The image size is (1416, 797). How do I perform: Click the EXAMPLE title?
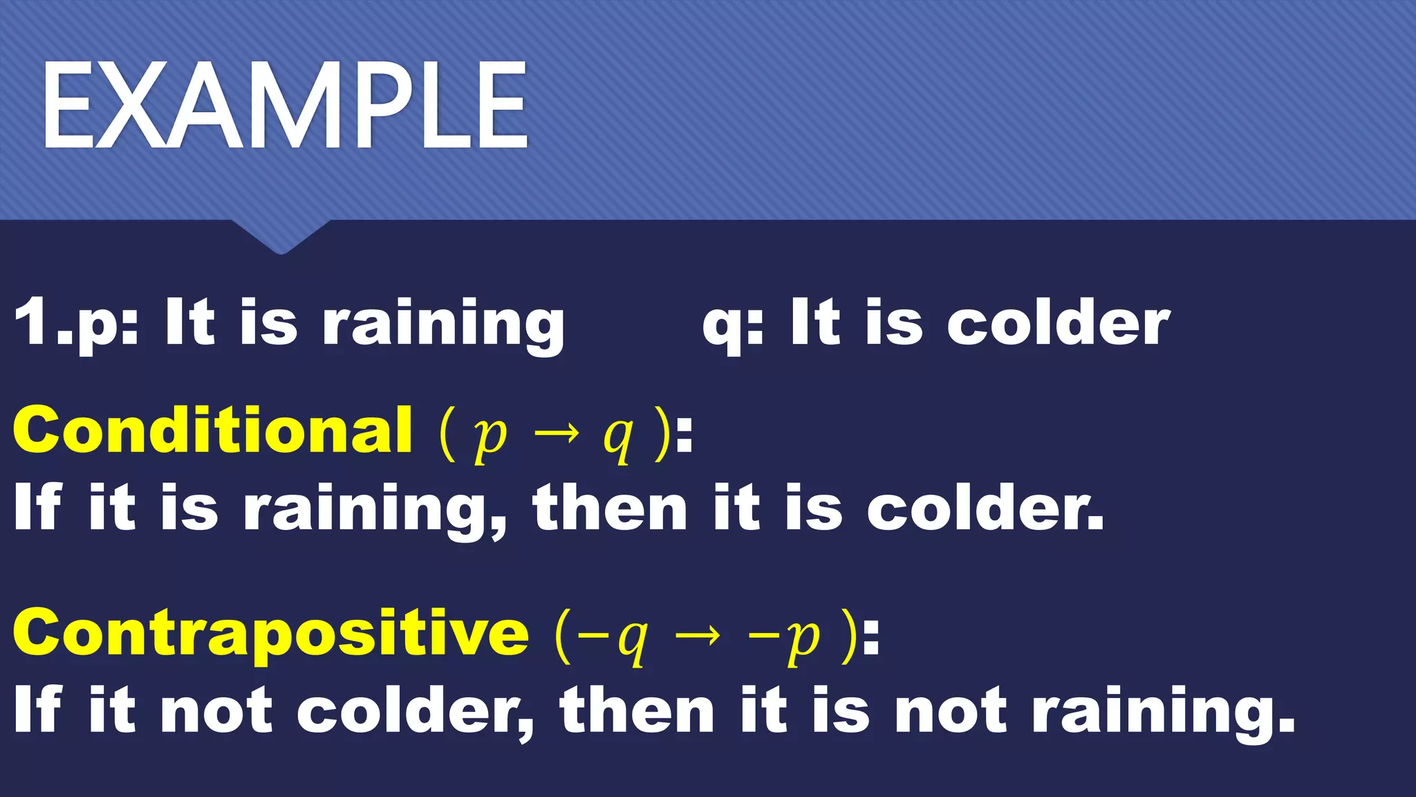(285, 105)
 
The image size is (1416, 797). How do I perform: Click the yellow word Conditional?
(213, 430)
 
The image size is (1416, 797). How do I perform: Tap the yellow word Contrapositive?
(271, 632)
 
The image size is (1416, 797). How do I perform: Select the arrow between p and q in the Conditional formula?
(557, 434)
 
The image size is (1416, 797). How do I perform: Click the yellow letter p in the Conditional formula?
(490, 437)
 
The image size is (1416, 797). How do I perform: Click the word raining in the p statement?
(443, 324)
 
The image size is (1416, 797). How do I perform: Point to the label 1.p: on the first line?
(76, 322)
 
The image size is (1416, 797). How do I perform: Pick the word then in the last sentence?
(637, 711)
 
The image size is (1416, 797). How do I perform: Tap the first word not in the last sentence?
(216, 711)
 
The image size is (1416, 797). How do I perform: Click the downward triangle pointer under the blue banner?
(280, 237)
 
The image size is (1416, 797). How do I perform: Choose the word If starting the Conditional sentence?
(38, 507)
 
